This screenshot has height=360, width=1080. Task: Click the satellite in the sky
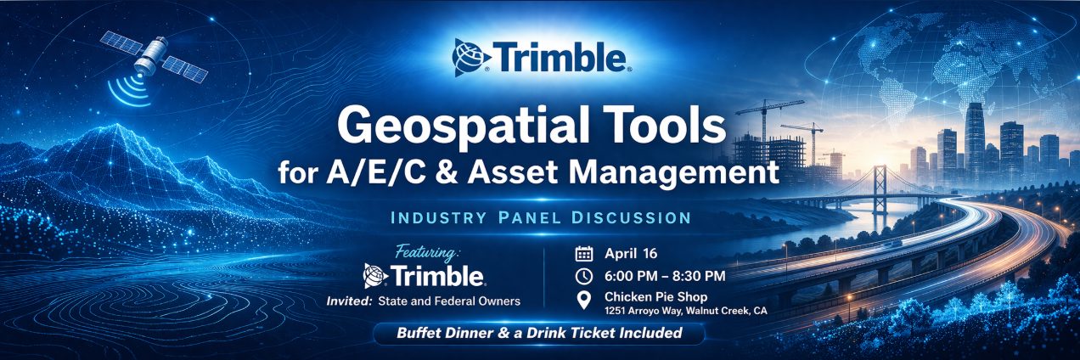[x=154, y=57]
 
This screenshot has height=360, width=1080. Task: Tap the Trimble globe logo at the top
[x=471, y=58]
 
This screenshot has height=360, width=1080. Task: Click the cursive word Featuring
[x=428, y=251]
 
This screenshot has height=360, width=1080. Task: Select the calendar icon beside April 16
[x=584, y=254]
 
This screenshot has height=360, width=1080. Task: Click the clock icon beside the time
[x=584, y=276]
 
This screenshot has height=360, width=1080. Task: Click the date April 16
[x=631, y=254]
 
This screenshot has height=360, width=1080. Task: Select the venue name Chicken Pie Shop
[x=655, y=297]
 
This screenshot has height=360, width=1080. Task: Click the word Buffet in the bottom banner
[x=418, y=333]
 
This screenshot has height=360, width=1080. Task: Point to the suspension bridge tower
[x=880, y=189]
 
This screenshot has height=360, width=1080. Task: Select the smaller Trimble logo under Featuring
[x=425, y=276]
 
